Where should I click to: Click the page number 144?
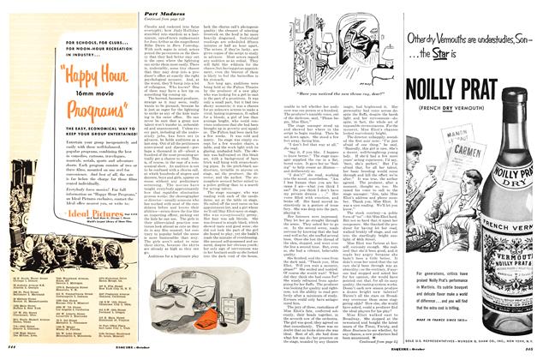[9, 354]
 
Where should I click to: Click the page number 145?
[534, 354]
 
